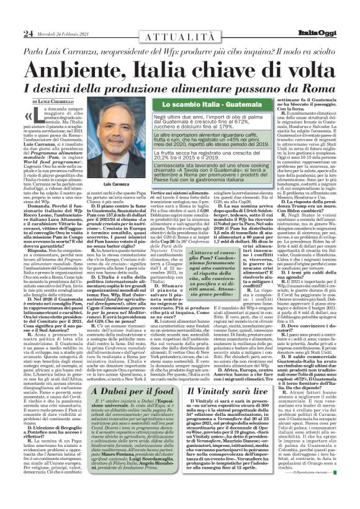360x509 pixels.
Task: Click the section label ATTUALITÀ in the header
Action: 180,37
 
